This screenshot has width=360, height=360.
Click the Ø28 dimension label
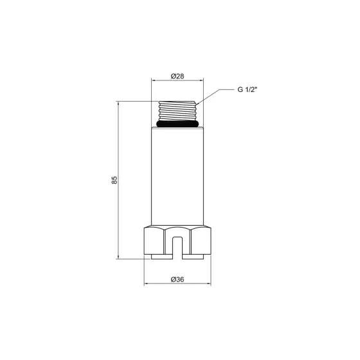click(x=178, y=76)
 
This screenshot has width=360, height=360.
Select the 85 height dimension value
click(x=114, y=180)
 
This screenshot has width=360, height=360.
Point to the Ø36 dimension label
click(x=178, y=279)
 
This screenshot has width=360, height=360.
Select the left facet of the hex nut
click(x=155, y=241)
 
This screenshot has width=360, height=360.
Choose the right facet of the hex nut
click(x=201, y=241)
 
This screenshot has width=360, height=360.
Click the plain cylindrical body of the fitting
click(x=177, y=177)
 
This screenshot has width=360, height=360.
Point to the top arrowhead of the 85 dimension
click(x=119, y=103)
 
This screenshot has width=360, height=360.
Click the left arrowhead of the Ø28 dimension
click(x=154, y=81)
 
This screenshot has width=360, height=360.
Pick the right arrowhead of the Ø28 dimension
click(x=202, y=81)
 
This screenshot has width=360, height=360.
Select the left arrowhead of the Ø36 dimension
click(x=145, y=284)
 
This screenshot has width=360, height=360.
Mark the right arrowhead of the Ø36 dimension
click(x=210, y=284)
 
